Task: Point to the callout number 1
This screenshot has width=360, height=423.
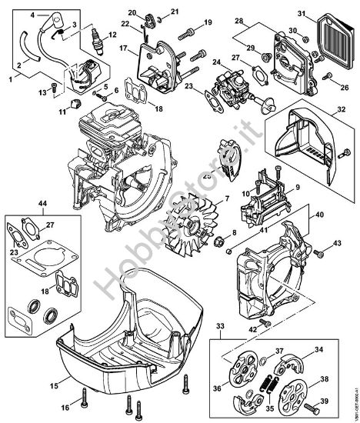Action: coord(11,77)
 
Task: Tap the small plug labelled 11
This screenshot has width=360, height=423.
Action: coord(75,102)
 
